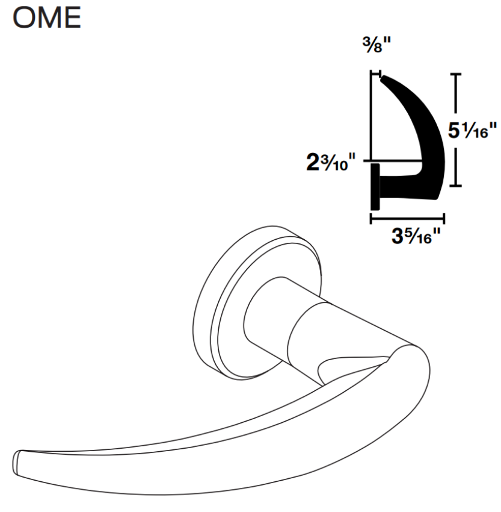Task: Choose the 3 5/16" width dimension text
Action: point(413,234)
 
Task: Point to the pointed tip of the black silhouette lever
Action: point(384,77)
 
